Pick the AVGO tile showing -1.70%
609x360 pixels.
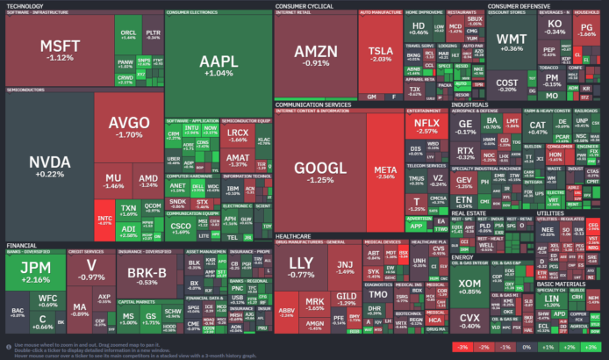pos(129,127)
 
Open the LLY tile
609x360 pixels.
pos(300,267)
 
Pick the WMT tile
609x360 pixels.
pos(512,43)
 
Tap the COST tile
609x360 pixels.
pos(507,84)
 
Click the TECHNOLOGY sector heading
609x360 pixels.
pos(25,5)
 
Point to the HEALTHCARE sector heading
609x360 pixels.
pos(295,212)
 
